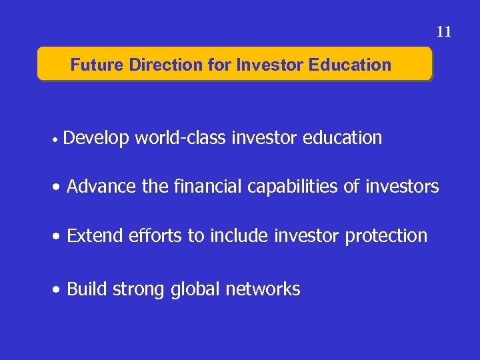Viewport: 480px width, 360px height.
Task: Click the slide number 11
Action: pos(444,31)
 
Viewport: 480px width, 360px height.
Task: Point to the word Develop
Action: pos(97,139)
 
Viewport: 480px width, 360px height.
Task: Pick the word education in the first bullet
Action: pos(342,138)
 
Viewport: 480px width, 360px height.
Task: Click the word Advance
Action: pos(102,187)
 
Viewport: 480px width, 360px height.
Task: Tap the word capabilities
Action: pos(293,187)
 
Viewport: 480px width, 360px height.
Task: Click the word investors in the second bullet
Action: pos(402,187)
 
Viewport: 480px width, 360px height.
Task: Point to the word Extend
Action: pos(94,235)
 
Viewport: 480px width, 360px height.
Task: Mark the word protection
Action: pos(386,236)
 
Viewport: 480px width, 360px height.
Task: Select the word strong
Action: pos(138,289)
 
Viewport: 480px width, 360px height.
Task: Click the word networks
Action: pos(263,289)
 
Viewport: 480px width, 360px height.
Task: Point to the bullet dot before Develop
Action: pos(60,141)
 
